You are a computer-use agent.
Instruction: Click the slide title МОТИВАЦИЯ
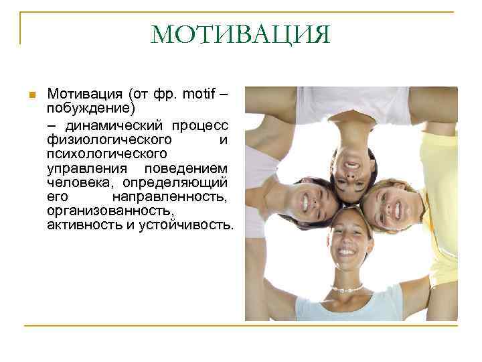(241, 34)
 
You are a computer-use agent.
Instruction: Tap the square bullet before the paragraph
(30, 95)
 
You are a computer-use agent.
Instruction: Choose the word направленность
(170, 197)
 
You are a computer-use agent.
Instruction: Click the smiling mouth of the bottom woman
(346, 253)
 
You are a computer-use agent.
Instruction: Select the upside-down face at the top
(353, 160)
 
